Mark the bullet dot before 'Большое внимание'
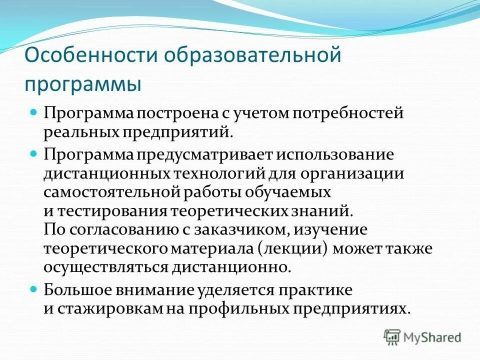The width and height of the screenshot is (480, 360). tap(34, 288)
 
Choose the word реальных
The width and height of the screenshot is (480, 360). tap(80, 131)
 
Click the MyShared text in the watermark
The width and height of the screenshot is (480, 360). tap(432, 337)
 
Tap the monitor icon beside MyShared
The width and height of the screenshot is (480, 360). tap(392, 336)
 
